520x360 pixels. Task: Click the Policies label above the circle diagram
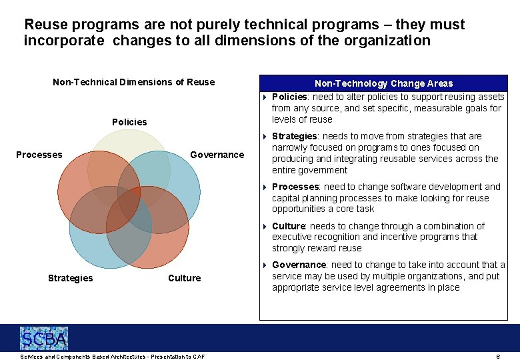point(129,122)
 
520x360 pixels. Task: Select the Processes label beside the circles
point(39,155)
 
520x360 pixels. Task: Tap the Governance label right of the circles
point(217,155)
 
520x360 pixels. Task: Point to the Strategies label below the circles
point(70,278)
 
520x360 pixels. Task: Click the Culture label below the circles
point(184,278)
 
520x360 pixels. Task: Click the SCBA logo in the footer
point(44,339)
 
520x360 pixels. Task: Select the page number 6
point(498,357)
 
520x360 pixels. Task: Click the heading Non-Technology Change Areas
point(383,83)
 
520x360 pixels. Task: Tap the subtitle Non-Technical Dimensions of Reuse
point(133,82)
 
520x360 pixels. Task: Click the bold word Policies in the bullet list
point(289,97)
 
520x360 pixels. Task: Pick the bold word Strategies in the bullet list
point(294,136)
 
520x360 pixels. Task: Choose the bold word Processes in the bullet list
point(295,187)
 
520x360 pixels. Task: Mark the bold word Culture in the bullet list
point(288,226)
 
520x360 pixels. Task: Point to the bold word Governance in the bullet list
point(299,265)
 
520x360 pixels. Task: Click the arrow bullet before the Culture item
point(264,226)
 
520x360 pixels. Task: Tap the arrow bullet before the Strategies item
point(264,136)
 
